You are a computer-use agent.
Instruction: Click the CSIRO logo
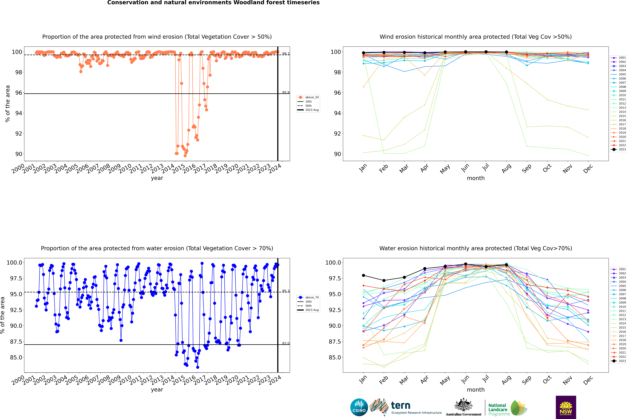tap(359, 407)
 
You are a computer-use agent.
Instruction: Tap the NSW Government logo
tap(566, 407)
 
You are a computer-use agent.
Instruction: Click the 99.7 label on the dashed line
tap(286, 54)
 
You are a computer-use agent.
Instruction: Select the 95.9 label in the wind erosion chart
tap(286, 92)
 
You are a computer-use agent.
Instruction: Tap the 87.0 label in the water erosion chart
tap(286, 343)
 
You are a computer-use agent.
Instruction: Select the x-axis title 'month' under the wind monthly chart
tap(475, 178)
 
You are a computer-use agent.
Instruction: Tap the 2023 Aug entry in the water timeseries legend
tap(312, 310)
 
